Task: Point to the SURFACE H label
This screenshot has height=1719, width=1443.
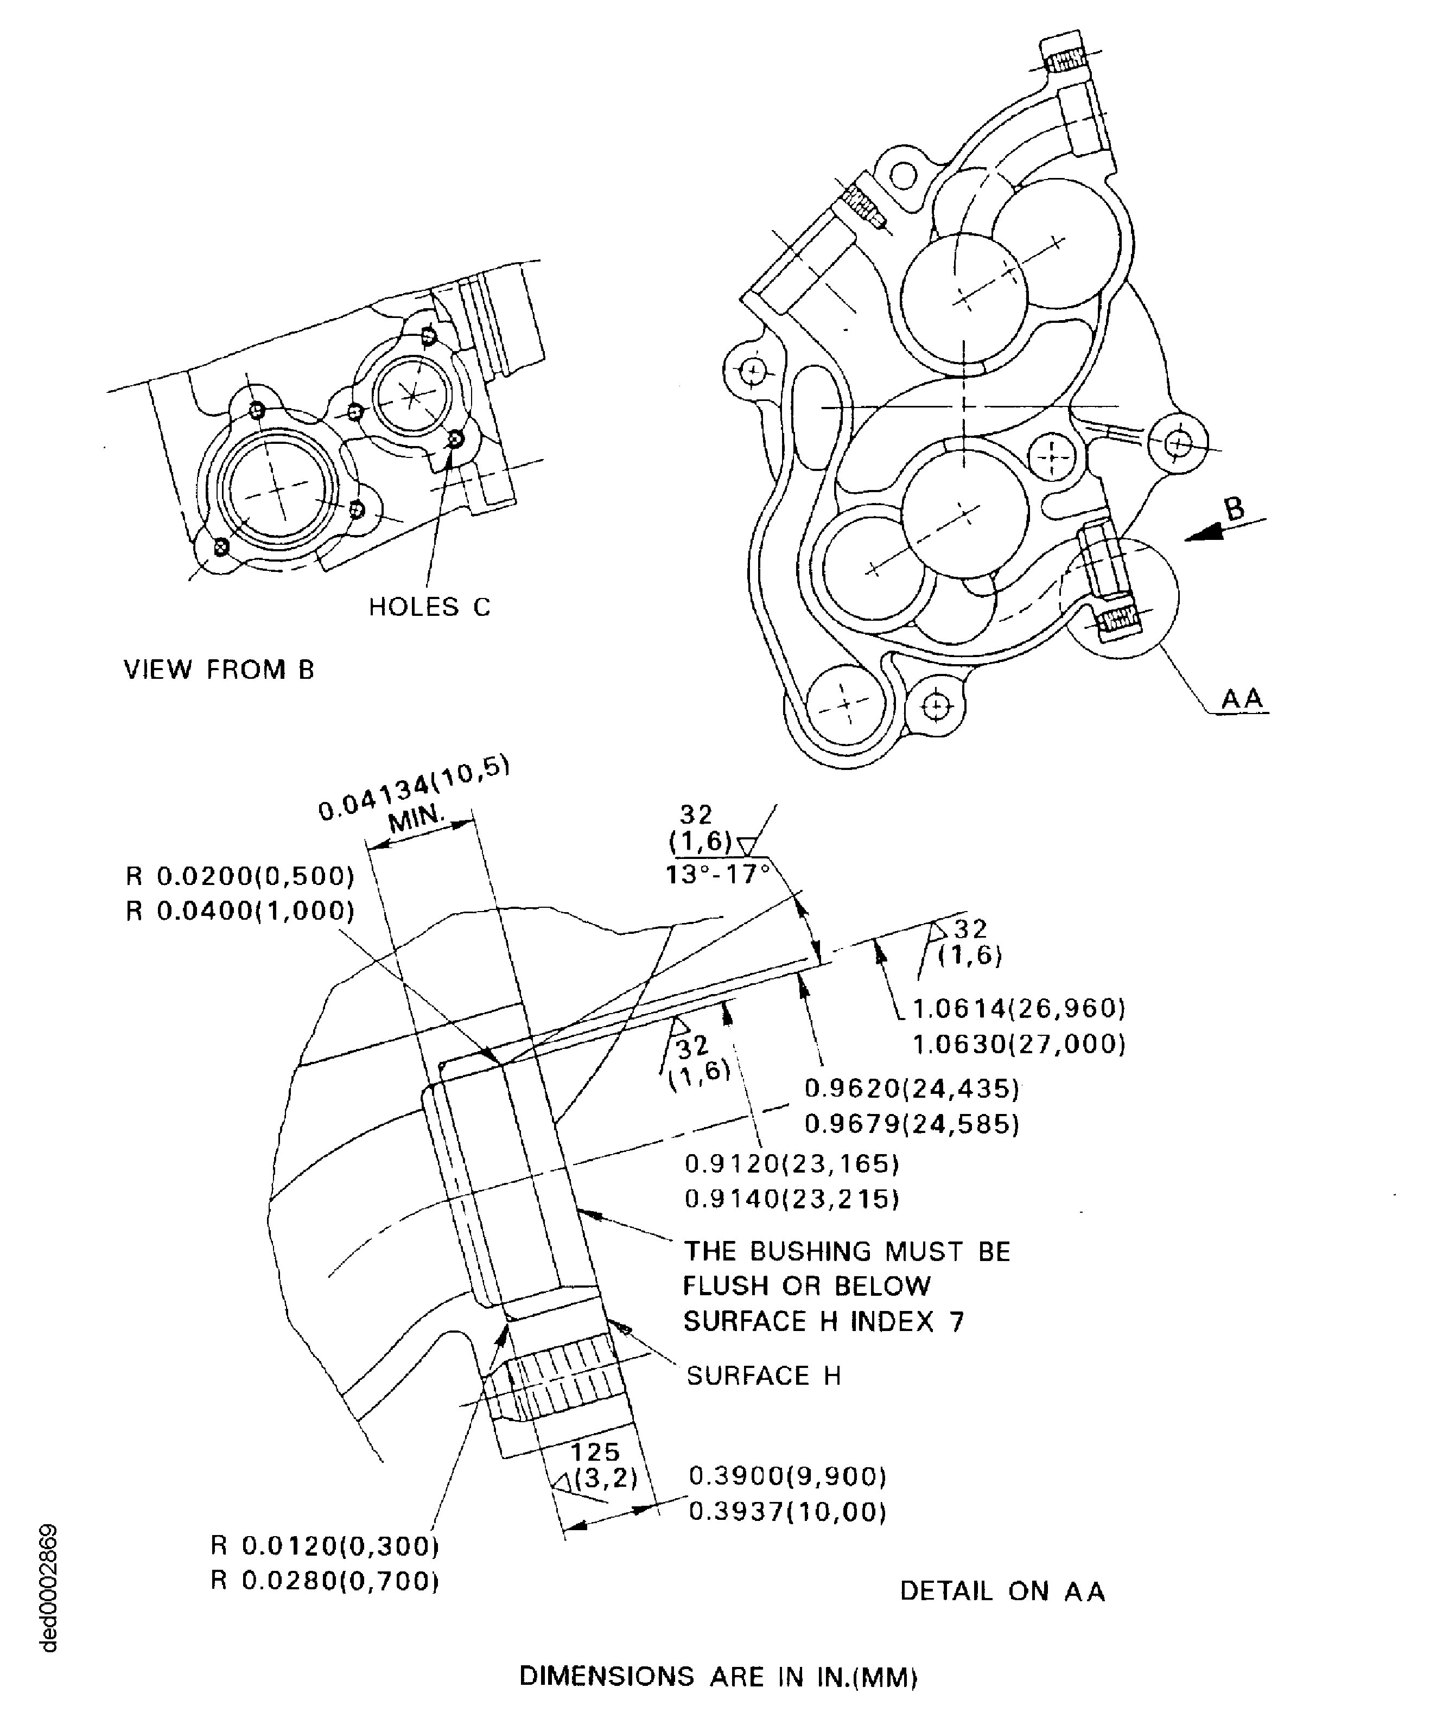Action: (763, 1376)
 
